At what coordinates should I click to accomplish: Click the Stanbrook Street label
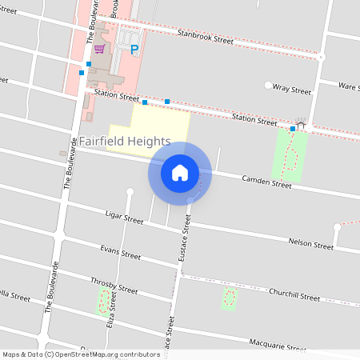click(206, 37)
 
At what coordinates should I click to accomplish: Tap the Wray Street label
click(291, 90)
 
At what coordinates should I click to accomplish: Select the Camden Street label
click(267, 183)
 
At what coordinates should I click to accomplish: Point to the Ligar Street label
click(123, 217)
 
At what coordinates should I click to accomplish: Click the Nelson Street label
click(310, 244)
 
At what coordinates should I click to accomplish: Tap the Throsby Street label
click(114, 286)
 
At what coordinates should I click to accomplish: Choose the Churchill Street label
click(294, 295)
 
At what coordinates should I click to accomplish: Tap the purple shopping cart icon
click(98, 49)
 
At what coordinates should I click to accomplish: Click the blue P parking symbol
click(134, 50)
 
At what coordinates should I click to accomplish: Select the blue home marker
click(180, 172)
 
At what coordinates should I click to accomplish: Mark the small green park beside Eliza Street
click(102, 302)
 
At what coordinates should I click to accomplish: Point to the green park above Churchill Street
click(230, 298)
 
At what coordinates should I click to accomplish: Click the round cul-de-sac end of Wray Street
click(267, 85)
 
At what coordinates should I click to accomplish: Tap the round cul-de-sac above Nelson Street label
click(337, 227)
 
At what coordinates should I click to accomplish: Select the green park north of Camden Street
click(290, 154)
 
